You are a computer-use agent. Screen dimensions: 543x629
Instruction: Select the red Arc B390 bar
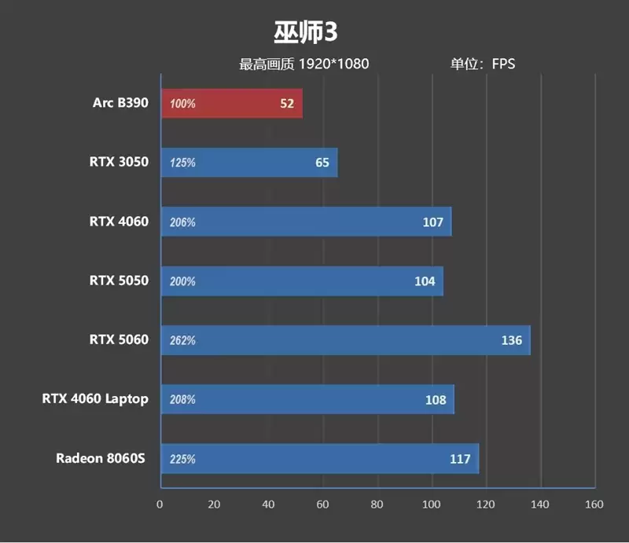tap(232, 104)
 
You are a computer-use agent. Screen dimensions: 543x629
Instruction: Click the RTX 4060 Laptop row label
tap(95, 398)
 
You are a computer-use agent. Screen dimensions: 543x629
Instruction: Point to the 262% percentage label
tap(182, 341)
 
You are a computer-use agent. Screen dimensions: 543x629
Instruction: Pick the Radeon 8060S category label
tap(101, 457)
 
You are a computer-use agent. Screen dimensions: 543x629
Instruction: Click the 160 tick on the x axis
tap(594, 504)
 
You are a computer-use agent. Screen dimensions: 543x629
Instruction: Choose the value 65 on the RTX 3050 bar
tap(322, 163)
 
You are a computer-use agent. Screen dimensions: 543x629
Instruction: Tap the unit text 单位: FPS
tap(482, 64)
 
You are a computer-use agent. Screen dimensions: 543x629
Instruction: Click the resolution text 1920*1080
tap(333, 64)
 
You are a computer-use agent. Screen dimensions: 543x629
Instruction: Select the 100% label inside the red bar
tap(182, 105)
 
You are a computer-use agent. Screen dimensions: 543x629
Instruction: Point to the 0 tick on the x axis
tap(160, 504)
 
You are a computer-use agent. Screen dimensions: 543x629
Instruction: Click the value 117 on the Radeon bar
tap(460, 459)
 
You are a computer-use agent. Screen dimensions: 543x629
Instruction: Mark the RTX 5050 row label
tap(119, 281)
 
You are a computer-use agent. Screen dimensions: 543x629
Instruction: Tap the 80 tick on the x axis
tap(377, 504)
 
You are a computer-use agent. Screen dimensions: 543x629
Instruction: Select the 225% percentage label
tap(182, 459)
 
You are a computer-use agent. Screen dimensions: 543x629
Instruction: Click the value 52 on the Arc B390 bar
tap(287, 104)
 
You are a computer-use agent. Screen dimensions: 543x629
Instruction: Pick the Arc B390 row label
tap(120, 103)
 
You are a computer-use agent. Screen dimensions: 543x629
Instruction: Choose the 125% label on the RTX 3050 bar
tap(182, 163)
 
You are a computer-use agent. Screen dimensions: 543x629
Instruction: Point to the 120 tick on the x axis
tap(485, 504)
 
